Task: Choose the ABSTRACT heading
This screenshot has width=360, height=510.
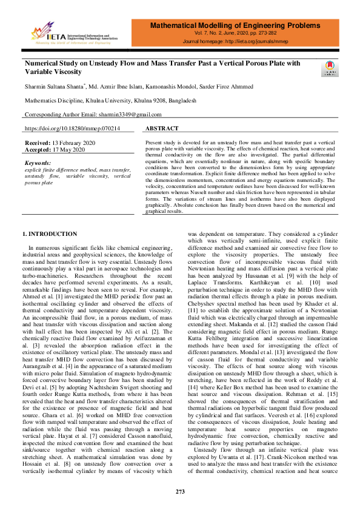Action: click(x=162, y=129)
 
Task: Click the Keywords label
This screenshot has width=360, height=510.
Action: click(x=38, y=163)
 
